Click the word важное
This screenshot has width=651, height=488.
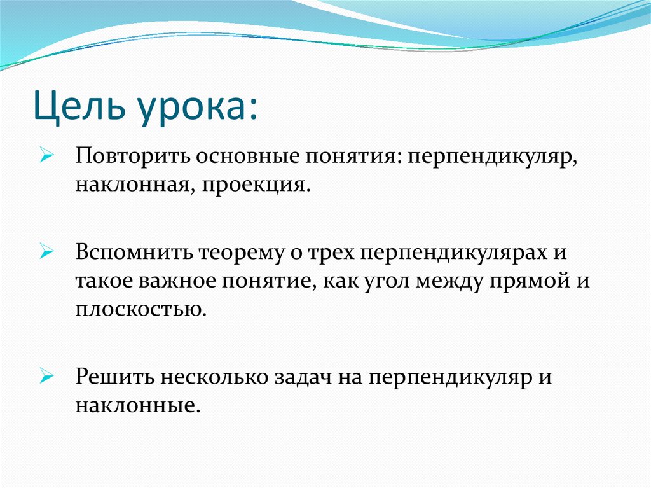pos(177,281)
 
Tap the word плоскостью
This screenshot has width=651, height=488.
pos(140,309)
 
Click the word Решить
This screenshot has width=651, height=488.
pos(114,377)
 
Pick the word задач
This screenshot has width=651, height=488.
pos(303,378)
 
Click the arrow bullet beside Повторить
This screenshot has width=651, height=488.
pos(47,157)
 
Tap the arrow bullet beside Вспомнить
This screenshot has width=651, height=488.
pos(47,251)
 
